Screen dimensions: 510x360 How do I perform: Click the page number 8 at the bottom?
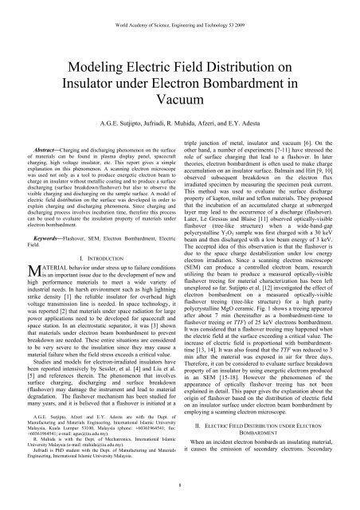pos(180,498)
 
